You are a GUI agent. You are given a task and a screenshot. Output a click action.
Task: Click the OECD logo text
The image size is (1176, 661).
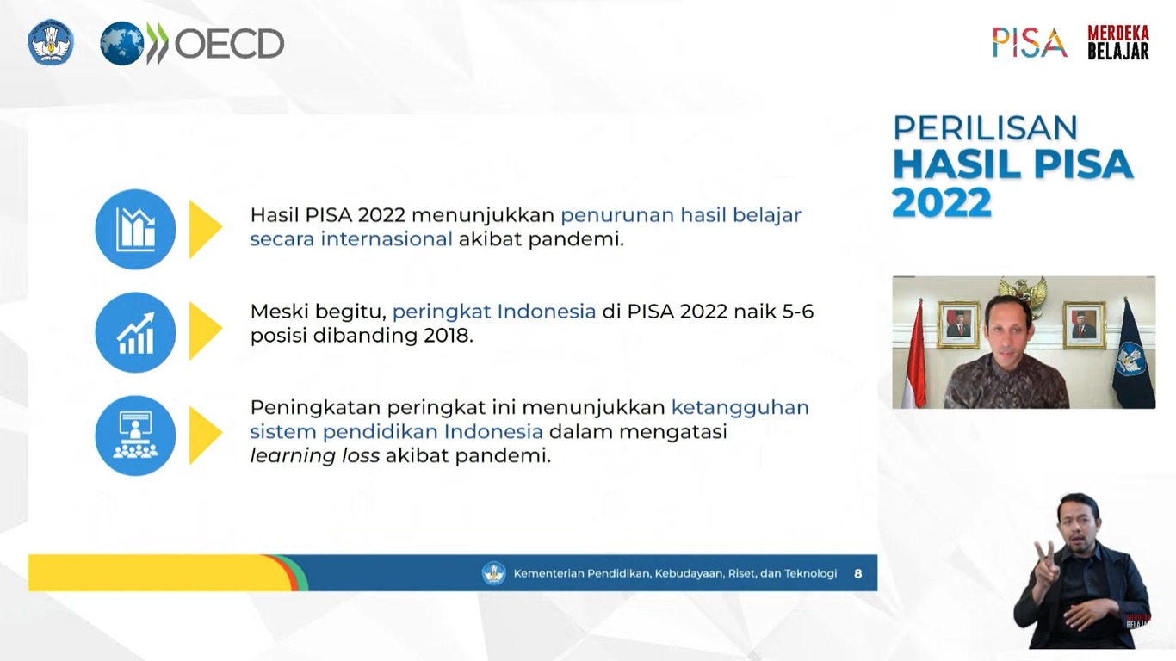229,43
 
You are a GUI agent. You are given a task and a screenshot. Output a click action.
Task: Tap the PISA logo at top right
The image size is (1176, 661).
1029,42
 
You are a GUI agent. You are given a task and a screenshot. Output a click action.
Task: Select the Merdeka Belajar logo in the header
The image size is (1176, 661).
1117,42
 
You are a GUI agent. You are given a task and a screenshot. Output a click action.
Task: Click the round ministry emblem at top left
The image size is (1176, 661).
51,43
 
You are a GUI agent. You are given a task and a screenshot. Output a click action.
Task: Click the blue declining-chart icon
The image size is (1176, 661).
135,229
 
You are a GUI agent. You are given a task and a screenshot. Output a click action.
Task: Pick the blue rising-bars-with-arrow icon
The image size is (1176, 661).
135,333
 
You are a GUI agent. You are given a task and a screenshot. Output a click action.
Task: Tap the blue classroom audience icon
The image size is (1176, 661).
135,436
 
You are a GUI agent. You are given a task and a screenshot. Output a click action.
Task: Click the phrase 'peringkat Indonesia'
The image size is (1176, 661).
494,312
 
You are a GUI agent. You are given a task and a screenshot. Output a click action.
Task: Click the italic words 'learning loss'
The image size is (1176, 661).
314,456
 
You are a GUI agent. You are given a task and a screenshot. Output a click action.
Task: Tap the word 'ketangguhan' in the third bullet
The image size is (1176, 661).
740,407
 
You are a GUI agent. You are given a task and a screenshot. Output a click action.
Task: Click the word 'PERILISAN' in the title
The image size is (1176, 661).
985,128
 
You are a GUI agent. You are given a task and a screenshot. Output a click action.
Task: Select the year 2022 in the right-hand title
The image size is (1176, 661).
941,203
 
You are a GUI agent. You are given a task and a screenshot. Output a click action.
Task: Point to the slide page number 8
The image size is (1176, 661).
857,573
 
